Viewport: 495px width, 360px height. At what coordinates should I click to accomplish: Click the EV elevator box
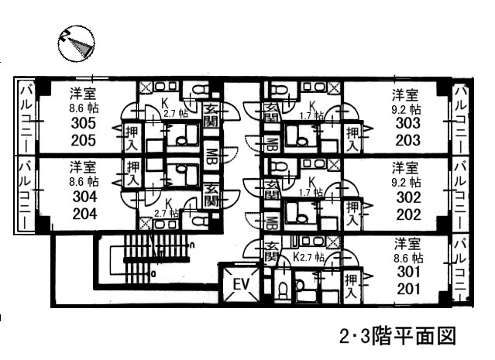(x=241, y=284)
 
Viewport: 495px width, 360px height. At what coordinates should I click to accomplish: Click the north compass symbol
(x=75, y=44)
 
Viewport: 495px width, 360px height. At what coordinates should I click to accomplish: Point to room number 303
(x=407, y=125)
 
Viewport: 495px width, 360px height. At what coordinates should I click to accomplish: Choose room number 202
(x=407, y=214)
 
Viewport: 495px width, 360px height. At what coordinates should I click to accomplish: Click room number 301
(x=407, y=273)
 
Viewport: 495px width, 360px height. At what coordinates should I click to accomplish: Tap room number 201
(x=407, y=290)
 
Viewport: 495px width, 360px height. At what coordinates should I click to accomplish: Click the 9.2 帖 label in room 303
(x=406, y=109)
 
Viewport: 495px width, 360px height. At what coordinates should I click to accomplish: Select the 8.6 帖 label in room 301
(x=406, y=258)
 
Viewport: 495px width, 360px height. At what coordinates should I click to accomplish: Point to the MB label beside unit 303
(x=272, y=143)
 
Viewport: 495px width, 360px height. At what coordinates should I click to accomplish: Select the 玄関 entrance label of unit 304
(x=211, y=195)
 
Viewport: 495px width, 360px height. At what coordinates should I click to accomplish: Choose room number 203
(x=407, y=140)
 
